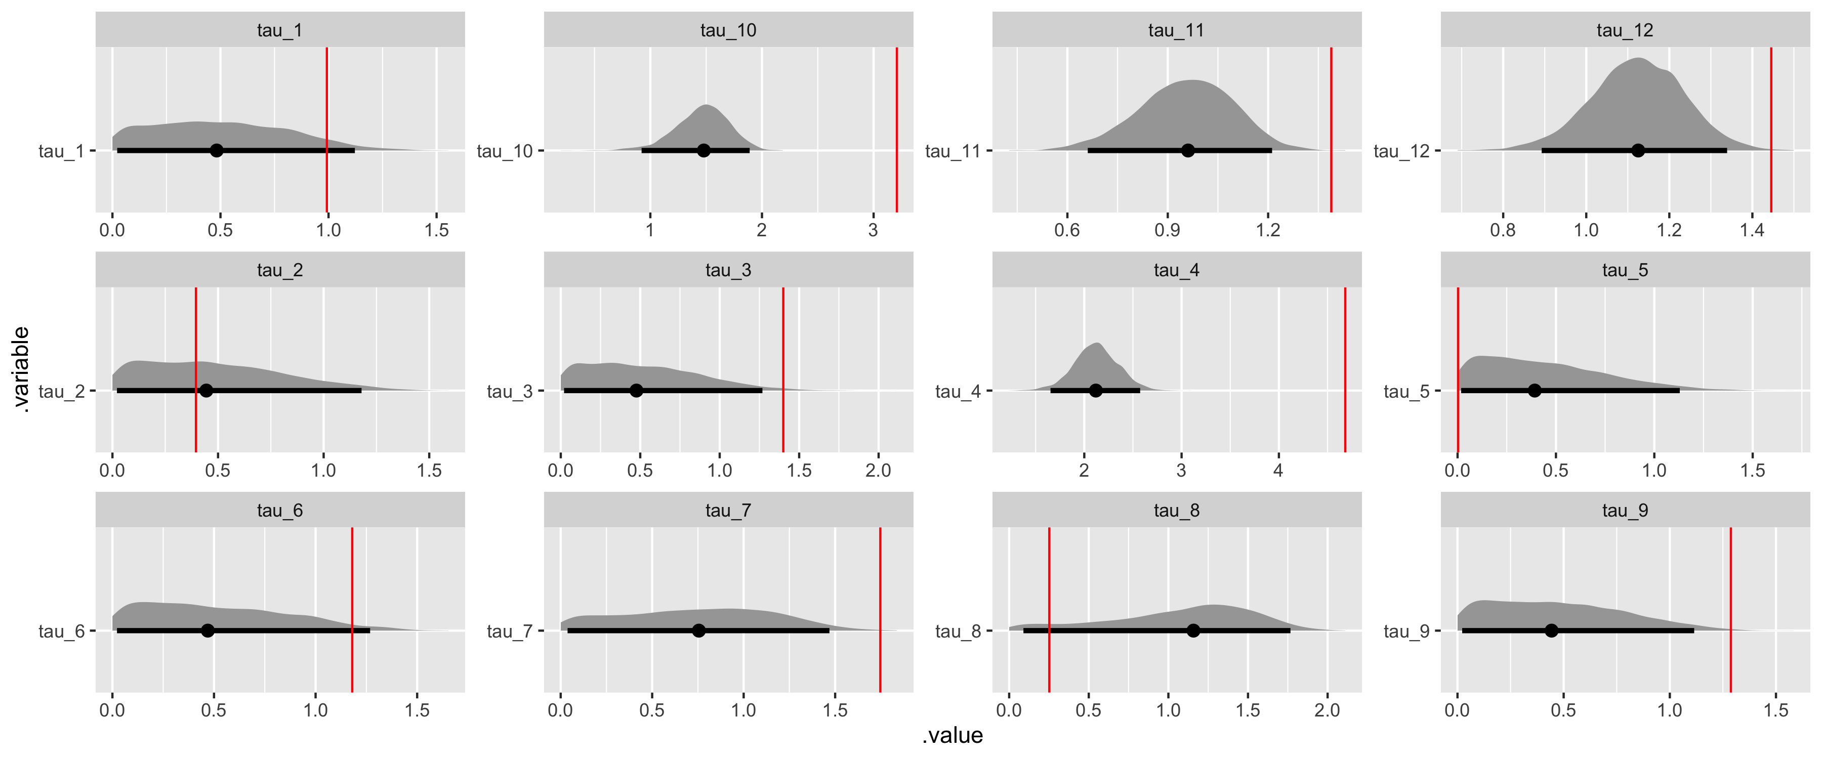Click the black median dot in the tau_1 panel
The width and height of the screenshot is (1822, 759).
tap(217, 151)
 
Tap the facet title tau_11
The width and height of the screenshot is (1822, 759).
tap(1176, 30)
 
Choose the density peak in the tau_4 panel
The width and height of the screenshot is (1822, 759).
tap(1096, 345)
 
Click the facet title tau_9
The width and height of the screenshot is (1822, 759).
tap(1625, 511)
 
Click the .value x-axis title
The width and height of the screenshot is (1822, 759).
tap(952, 736)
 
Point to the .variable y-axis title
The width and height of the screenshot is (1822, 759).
tap(21, 369)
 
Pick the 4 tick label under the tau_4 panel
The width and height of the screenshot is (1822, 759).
tap(1278, 471)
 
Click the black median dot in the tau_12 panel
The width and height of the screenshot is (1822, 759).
tap(1638, 151)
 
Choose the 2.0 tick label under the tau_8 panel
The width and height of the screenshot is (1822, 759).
tap(1327, 711)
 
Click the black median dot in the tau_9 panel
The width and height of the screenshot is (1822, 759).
tap(1551, 630)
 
